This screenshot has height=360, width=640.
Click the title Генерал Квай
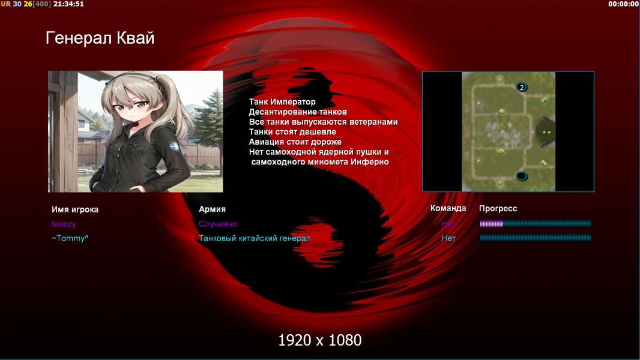[100, 38]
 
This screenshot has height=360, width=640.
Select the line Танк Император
[282, 102]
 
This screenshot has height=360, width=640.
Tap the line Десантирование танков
[298, 112]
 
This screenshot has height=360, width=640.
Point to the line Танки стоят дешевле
[292, 131]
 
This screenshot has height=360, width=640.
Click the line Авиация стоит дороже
[295, 142]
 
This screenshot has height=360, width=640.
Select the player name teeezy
[64, 224]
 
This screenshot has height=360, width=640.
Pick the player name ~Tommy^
[70, 238]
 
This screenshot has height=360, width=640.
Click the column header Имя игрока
[74, 209]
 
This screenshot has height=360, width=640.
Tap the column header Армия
[213, 209]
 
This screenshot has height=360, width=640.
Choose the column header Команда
[448, 208]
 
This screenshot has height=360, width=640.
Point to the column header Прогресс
[498, 209]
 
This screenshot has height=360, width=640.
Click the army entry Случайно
[218, 224]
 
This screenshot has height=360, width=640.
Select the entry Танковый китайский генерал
[255, 238]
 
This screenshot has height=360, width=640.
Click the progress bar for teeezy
[536, 223]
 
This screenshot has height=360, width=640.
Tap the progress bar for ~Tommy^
[536, 238]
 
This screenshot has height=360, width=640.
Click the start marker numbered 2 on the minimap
[522, 87]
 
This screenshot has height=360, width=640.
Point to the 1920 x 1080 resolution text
[320, 340]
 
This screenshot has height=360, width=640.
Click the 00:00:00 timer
[623, 4]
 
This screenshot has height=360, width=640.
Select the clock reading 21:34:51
[68, 4]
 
